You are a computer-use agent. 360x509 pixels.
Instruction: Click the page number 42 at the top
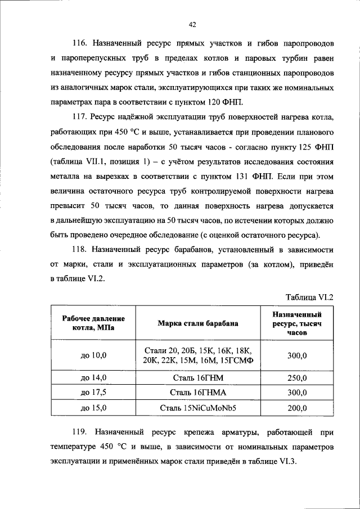tap(192, 24)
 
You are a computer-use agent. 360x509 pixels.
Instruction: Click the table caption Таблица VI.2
tap(309, 297)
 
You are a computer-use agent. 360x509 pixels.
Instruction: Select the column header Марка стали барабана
tap(197, 323)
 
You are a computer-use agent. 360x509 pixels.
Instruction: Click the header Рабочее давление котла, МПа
tap(94, 323)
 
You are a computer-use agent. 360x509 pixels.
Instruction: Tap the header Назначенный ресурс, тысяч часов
tap(296, 323)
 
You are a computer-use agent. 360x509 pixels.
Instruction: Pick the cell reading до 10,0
tap(94, 355)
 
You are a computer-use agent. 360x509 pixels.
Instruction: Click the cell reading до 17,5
tap(94, 393)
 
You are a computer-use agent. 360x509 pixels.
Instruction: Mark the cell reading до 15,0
tap(94, 407)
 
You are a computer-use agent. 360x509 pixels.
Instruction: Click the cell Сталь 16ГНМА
tap(197, 393)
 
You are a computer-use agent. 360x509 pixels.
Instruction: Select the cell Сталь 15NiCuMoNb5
tap(197, 407)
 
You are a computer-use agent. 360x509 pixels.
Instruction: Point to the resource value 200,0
tap(296, 407)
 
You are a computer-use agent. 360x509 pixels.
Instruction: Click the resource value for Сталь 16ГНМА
tap(296, 393)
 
